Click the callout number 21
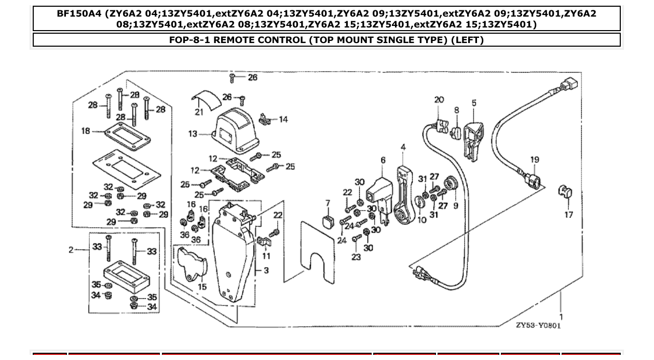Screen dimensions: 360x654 tap(199, 112)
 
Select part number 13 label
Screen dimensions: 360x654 tap(193, 134)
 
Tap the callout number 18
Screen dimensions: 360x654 tap(86, 131)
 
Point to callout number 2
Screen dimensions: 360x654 tap(71, 250)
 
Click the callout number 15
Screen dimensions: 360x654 tap(202, 286)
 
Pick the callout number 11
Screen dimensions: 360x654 tap(266, 256)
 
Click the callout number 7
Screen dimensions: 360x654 tap(328, 202)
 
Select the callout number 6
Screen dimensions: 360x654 tap(383, 161)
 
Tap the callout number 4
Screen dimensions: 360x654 tap(403, 148)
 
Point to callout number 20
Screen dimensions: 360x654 tap(439, 100)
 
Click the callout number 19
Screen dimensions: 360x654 tap(535, 160)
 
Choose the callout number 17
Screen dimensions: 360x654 tap(569, 214)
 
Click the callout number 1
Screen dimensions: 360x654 tap(561, 316)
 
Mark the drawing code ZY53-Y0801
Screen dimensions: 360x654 tap(538, 325)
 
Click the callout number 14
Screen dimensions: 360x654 tap(283, 119)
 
